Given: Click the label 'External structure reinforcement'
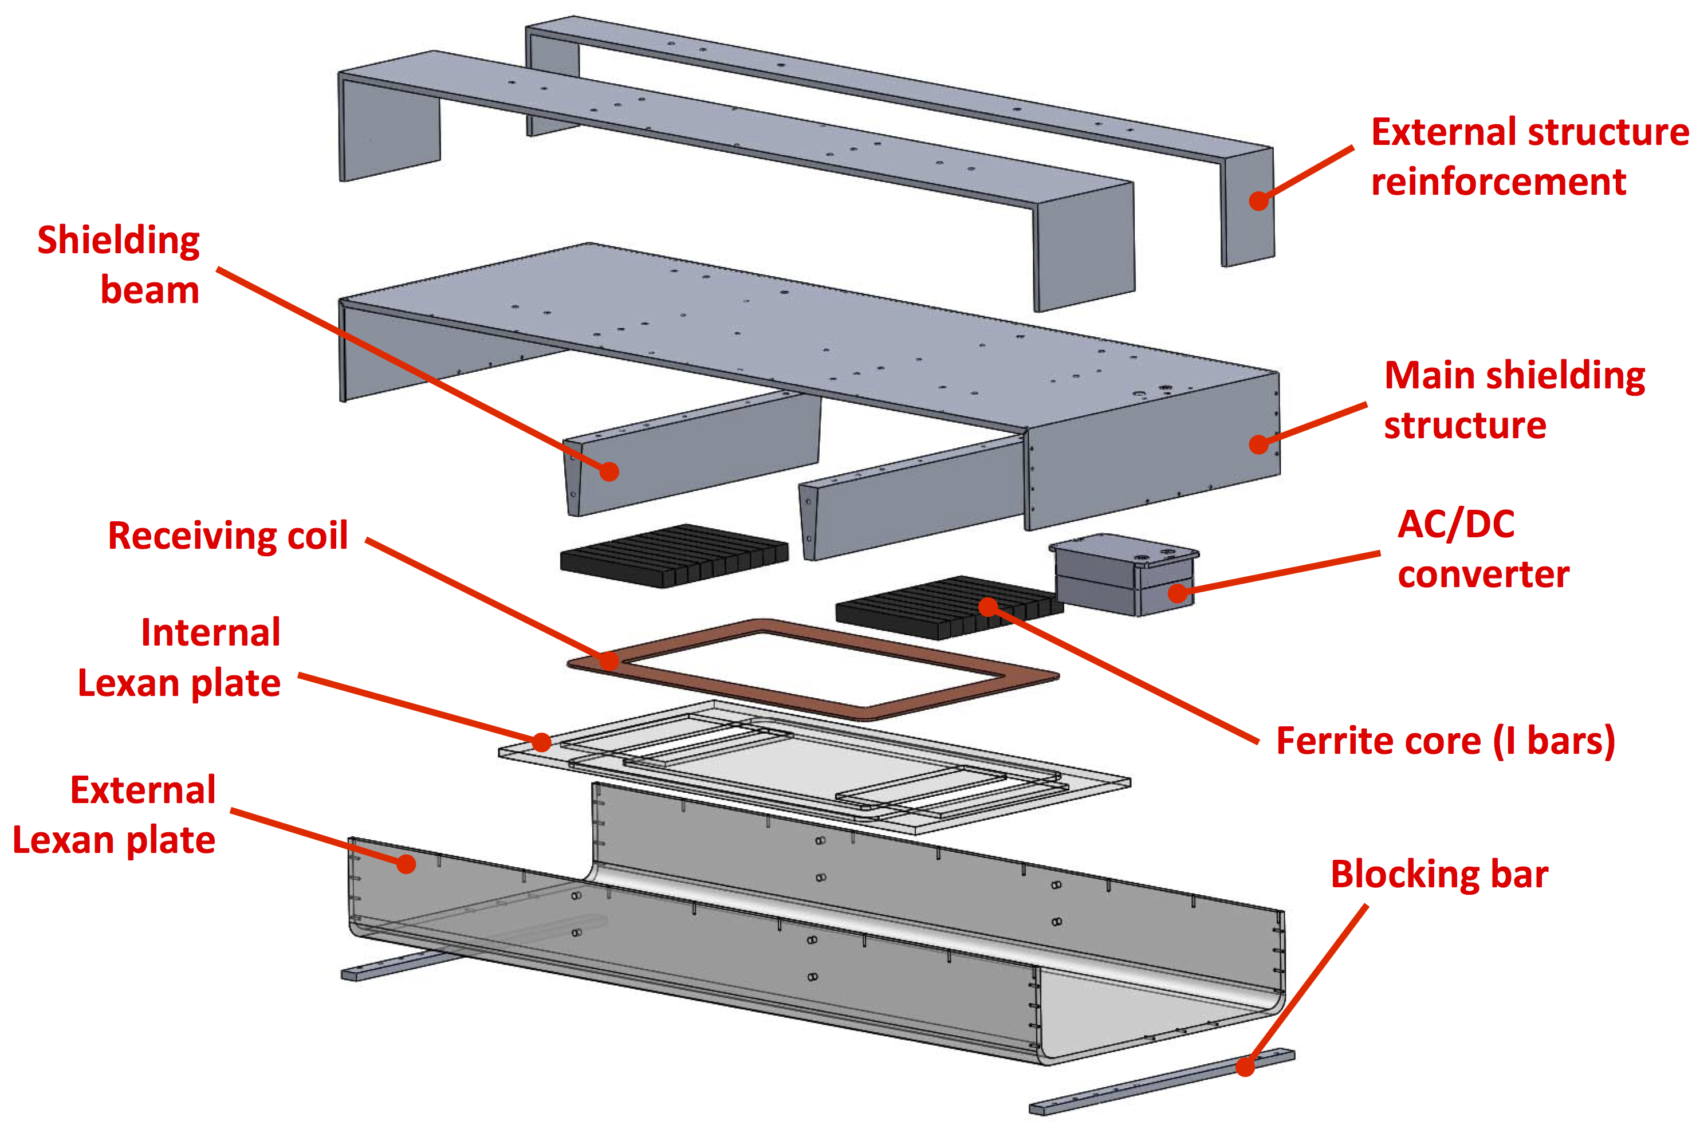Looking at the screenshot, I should pos(1529,156).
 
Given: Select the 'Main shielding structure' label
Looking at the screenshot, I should pos(1514,400).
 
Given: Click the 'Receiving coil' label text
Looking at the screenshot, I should pos(227,536).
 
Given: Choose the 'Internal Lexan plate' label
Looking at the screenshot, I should pos(179,658).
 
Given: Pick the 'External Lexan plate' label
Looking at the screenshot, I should pos(115,815).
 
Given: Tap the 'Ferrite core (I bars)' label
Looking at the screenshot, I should pos(1446,741).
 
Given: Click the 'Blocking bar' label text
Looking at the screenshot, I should pos(1439,874).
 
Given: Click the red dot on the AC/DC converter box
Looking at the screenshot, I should pos(1178,593).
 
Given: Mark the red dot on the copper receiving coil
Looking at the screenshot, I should pos(609,660).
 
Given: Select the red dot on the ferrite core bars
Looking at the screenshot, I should pos(989,607).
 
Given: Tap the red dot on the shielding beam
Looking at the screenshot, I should pos(609,471).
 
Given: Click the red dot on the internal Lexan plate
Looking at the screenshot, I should pos(541,742).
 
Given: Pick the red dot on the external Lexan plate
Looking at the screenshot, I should pos(406,863).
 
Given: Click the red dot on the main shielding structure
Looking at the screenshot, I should pos(1258,444).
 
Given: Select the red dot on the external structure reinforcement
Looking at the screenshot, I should pos(1258,200).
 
